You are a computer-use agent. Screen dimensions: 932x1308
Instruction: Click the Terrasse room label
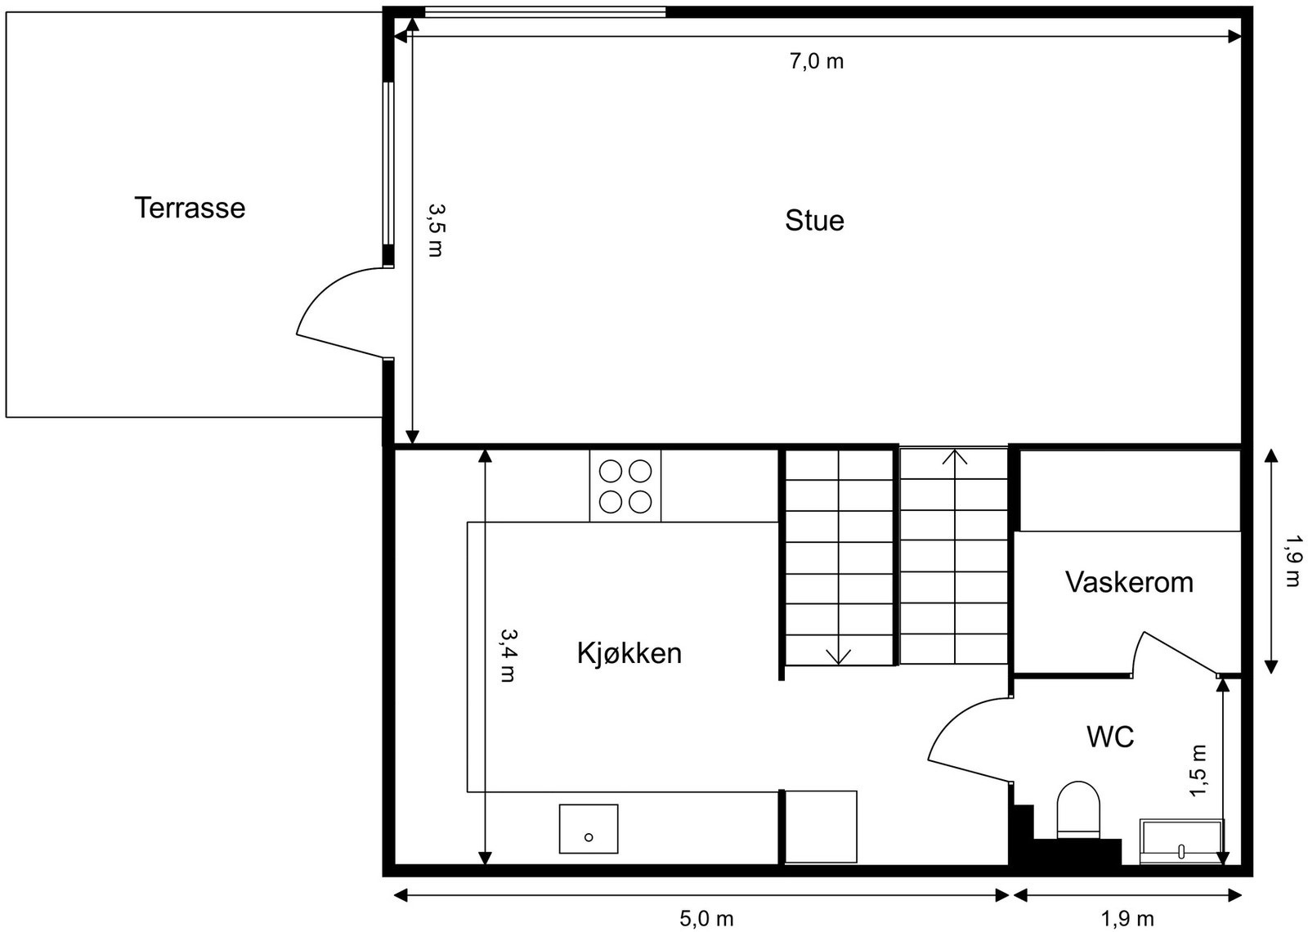click(190, 208)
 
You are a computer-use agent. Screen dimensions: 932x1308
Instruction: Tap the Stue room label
click(814, 221)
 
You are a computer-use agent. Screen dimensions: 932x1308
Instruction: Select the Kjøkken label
click(629, 653)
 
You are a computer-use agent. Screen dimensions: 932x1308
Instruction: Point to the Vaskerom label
click(1129, 582)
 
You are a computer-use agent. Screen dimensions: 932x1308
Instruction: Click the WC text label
click(1110, 737)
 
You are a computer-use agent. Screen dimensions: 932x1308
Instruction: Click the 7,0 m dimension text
click(816, 61)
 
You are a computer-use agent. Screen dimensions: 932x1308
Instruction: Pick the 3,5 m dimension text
click(436, 230)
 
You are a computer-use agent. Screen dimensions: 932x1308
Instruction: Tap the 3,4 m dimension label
click(508, 655)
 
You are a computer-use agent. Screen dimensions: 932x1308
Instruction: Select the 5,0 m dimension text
click(706, 919)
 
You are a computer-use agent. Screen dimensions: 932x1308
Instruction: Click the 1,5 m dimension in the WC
click(1198, 771)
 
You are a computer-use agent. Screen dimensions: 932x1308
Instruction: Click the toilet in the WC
click(1077, 809)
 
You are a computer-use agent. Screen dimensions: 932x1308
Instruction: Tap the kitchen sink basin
click(588, 829)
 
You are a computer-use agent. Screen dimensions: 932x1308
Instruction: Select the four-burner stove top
click(625, 486)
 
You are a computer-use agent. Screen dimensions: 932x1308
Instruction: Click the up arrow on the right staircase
click(954, 456)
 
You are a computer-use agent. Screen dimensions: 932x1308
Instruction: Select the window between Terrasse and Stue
click(388, 173)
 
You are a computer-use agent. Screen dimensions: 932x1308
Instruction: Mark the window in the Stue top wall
click(544, 11)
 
